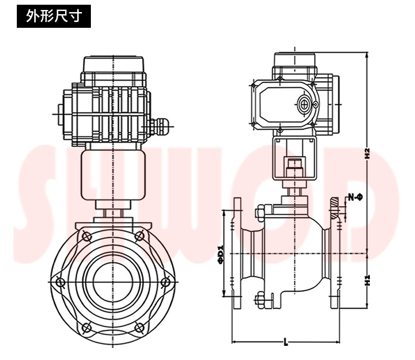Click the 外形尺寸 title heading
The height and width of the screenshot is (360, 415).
click(54, 16)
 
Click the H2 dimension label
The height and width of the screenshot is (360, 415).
click(368, 154)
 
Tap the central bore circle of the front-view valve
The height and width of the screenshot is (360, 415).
click(113, 281)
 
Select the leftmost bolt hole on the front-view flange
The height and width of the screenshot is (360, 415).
click(61, 282)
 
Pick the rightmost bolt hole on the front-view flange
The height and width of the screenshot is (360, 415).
click(166, 282)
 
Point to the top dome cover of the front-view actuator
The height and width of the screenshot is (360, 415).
click(113, 64)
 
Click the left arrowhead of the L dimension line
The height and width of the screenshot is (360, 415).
click(234, 343)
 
